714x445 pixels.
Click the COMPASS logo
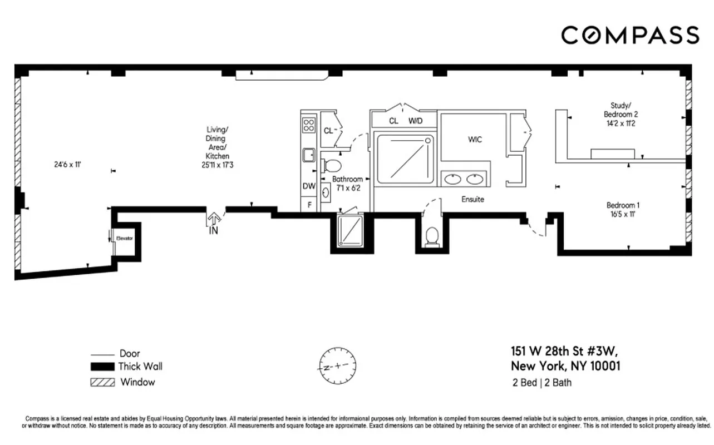pyautogui.click(x=629, y=35)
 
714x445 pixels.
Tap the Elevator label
pyautogui.click(x=124, y=238)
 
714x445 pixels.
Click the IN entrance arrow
pyautogui.click(x=213, y=223)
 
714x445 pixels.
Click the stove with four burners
pyautogui.click(x=308, y=125)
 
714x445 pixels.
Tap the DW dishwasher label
pyautogui.click(x=308, y=187)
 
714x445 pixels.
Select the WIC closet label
pyautogui.click(x=474, y=140)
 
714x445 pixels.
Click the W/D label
pyautogui.click(x=416, y=121)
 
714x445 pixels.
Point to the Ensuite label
pyautogui.click(x=472, y=199)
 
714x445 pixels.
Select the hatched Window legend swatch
pyautogui.click(x=102, y=382)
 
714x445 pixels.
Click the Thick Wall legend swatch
pyautogui.click(x=102, y=367)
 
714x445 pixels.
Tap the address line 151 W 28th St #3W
pyautogui.click(x=564, y=352)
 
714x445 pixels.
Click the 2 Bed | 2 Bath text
pyautogui.click(x=541, y=383)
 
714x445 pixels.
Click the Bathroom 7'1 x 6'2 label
pyautogui.click(x=347, y=184)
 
